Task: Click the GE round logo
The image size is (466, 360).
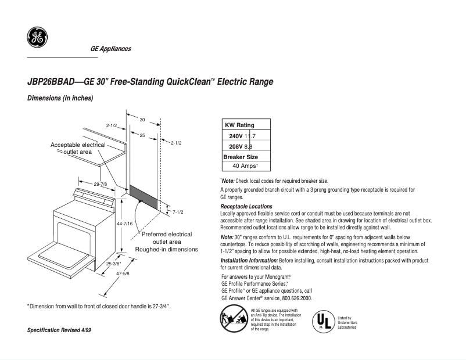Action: click(37, 38)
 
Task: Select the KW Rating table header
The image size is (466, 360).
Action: click(239, 125)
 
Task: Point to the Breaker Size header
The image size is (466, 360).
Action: click(241, 157)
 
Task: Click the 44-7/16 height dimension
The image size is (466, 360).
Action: click(125, 224)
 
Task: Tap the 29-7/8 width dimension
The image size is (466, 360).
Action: click(101, 184)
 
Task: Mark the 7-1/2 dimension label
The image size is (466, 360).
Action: click(178, 212)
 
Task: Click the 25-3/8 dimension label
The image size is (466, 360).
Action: click(113, 263)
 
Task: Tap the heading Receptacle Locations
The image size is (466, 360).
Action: click(246, 207)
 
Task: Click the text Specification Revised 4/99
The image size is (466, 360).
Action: click(59, 330)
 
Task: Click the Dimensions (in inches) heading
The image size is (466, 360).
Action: click(60, 98)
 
